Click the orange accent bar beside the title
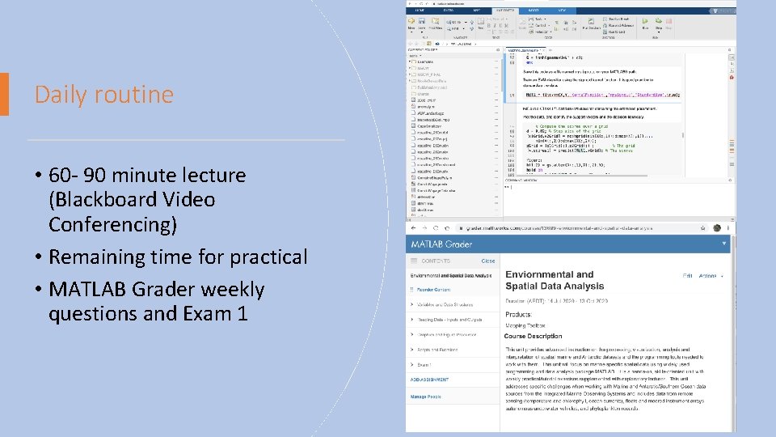click(4, 94)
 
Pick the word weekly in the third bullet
click(221, 289)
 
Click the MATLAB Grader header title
click(444, 243)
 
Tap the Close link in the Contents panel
click(488, 261)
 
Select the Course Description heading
click(533, 336)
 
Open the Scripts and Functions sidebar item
click(437, 350)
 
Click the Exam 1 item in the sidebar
click(425, 365)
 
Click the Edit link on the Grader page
click(688, 276)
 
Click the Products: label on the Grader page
click(519, 313)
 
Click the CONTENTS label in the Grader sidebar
click(436, 261)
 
